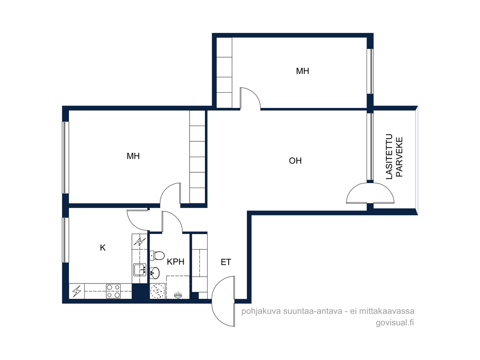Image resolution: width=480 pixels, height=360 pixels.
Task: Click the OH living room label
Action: [x=295, y=161]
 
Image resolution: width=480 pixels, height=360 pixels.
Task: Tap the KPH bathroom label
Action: [x=176, y=261]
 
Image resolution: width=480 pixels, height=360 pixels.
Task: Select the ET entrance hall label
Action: [x=226, y=262]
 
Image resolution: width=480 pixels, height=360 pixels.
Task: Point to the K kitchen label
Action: [x=103, y=247]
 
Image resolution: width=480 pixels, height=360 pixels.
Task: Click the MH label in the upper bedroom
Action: [x=303, y=71]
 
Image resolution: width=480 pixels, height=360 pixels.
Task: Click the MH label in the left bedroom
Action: [x=133, y=156]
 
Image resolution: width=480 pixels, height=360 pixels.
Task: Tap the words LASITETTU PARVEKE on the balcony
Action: [x=394, y=157]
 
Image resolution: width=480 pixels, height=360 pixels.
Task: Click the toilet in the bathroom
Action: [x=157, y=255]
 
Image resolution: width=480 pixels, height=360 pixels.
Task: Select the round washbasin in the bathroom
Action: [x=154, y=272]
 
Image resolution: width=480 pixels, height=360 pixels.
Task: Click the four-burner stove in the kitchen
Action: [x=113, y=291]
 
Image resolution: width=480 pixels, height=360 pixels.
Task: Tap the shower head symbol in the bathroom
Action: [x=178, y=295]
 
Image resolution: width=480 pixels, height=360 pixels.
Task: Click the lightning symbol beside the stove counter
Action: [x=77, y=291]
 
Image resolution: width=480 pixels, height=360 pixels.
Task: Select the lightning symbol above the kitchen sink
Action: [x=140, y=242]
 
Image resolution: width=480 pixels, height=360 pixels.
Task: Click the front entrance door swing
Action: [x=223, y=301]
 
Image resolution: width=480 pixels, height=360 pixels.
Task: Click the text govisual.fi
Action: [x=395, y=323]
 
